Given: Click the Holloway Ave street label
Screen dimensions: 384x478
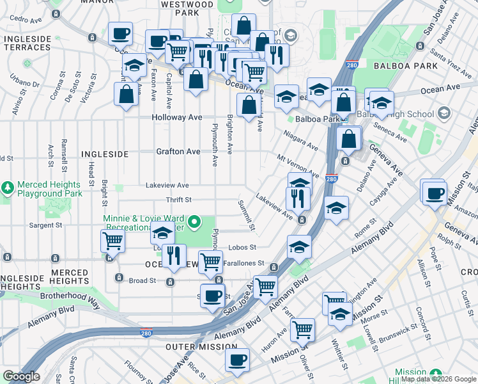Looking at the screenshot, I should [177, 118].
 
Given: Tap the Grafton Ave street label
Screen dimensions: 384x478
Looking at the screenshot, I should [178, 152].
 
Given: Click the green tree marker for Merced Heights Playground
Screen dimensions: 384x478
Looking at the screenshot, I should [7, 188].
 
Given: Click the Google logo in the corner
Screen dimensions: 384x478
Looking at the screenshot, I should [21, 376].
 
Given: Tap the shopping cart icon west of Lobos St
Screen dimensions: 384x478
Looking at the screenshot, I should [112, 241].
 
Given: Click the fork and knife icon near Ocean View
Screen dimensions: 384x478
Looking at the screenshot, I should [174, 255].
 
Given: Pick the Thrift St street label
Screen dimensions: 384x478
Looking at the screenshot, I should [179, 200].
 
